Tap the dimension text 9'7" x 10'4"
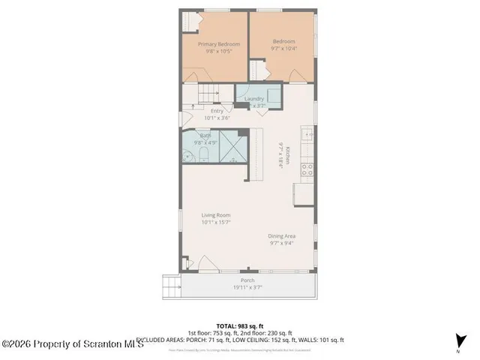coord(283,48)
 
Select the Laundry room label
coord(253,98)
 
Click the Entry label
coord(217,111)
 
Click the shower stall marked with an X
coord(233,148)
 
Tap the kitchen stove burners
coord(307,169)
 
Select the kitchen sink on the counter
coord(306,135)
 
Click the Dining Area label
coord(282,236)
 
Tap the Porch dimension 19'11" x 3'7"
coord(247,286)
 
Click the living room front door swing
coord(190,263)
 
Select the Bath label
coord(205,135)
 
